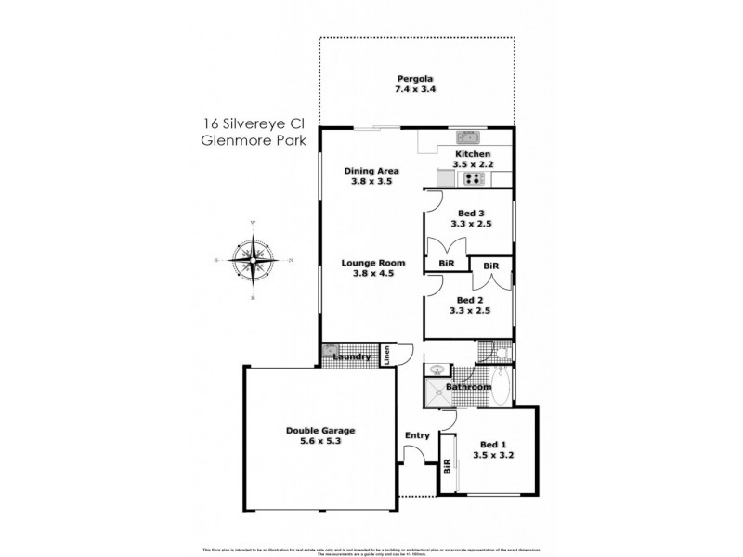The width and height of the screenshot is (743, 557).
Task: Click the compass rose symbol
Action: pyautogui.click(x=254, y=259)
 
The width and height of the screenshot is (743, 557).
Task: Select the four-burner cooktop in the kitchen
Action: pyautogui.click(x=475, y=179)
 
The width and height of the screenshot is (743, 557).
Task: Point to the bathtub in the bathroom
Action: pyautogui.click(x=500, y=386)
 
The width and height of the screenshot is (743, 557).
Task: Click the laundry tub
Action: pyautogui.click(x=331, y=352)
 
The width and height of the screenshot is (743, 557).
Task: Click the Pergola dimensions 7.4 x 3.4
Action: pyautogui.click(x=416, y=89)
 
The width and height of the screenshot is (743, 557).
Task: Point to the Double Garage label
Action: pyautogui.click(x=319, y=431)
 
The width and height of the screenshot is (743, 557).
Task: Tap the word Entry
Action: pyautogui.click(x=417, y=435)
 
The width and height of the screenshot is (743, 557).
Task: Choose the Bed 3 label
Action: pyautogui.click(x=470, y=213)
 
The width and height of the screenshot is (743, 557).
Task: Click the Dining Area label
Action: pyautogui.click(x=371, y=171)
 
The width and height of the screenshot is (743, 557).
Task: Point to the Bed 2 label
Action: pyautogui.click(x=470, y=299)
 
